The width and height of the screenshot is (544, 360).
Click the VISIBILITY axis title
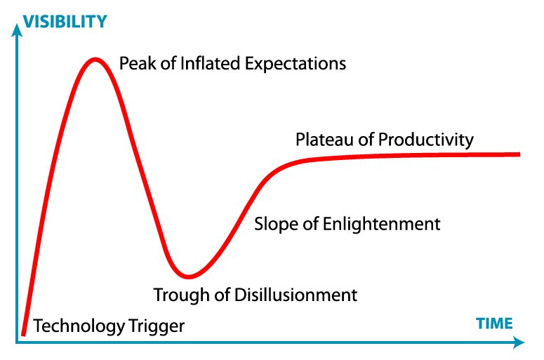[x=65, y=22]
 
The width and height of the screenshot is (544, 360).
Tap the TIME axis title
[x=494, y=324]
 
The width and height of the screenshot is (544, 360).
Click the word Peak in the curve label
[x=138, y=63]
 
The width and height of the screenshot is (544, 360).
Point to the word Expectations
[x=296, y=65]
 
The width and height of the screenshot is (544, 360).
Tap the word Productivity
[x=426, y=140]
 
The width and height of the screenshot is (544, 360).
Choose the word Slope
[x=277, y=225]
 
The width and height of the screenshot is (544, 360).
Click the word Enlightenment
[x=382, y=225]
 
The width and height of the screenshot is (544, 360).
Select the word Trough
[x=182, y=296]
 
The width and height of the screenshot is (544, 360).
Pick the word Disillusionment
[x=296, y=295]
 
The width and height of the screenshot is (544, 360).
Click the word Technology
[x=79, y=326]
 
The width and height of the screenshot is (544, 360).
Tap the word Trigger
[x=157, y=326]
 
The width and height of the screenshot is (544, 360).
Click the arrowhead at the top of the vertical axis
[x=17, y=30]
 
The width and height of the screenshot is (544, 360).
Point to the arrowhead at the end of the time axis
[x=519, y=342]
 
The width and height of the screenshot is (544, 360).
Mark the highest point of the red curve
[x=95, y=60]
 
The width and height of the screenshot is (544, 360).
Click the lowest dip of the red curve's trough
[x=188, y=276]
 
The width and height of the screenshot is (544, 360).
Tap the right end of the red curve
[x=519, y=154]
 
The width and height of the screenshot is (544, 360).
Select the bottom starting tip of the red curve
[x=23, y=335]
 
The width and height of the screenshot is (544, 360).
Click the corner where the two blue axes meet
[x=17, y=342]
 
